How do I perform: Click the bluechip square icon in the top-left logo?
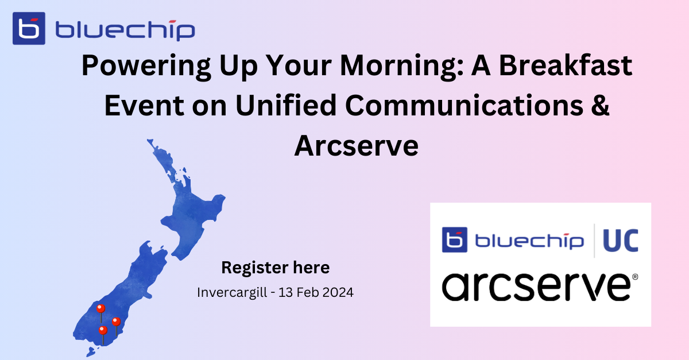click(29, 28)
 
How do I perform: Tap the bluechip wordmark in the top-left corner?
click(125, 30)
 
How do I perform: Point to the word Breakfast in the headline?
click(566, 65)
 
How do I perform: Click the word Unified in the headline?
click(286, 106)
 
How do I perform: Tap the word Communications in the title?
click(464, 106)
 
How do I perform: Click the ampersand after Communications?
click(600, 106)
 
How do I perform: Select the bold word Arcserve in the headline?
click(356, 146)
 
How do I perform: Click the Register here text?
click(276, 268)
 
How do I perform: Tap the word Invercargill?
click(232, 292)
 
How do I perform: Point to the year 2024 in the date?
click(338, 292)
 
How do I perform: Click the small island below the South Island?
click(91, 352)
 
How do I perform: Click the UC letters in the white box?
click(621, 241)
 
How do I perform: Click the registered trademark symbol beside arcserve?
click(635, 277)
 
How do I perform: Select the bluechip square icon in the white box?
click(455, 239)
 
